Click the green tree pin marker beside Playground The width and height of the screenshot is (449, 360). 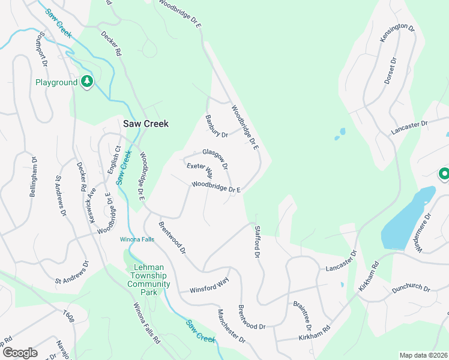[x=86, y=82]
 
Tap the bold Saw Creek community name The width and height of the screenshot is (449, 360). [x=146, y=124]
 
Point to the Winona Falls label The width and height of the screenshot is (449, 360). [x=137, y=239]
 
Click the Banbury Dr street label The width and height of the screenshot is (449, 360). [x=217, y=126]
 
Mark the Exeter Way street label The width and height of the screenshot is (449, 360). [x=200, y=170]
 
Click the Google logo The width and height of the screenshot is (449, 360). [x=20, y=352]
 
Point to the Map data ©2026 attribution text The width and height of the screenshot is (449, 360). [x=423, y=355]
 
